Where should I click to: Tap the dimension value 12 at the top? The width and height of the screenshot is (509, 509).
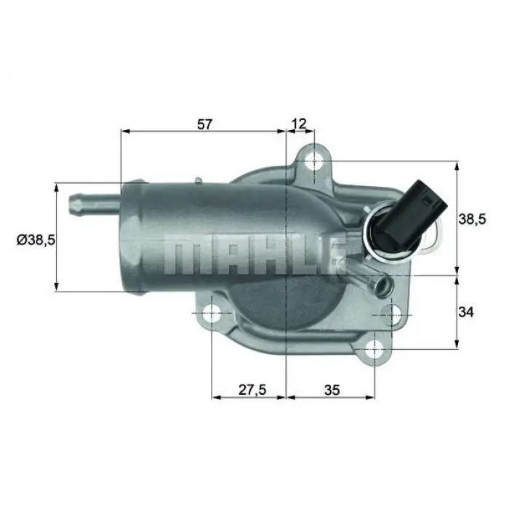(x=300, y=124)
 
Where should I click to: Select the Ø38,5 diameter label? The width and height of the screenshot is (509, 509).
(x=32, y=238)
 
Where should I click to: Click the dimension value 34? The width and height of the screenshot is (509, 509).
(x=466, y=312)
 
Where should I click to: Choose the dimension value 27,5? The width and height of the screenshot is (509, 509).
(x=251, y=389)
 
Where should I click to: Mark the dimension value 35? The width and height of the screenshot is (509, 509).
(x=332, y=389)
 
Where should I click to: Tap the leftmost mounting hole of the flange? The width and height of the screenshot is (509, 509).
(x=212, y=313)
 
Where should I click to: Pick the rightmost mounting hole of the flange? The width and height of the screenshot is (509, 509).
(x=393, y=314)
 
